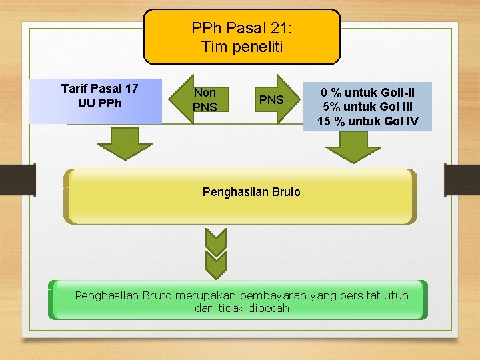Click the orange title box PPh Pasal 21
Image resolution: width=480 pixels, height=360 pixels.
click(x=241, y=37)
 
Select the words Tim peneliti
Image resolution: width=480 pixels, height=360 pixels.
click(x=241, y=47)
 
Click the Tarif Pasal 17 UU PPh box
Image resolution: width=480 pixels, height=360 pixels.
click(x=99, y=101)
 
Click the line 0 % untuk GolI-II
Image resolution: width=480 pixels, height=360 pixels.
click(x=367, y=91)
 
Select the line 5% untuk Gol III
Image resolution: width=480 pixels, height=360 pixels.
click(x=367, y=106)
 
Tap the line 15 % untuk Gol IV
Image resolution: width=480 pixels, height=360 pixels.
click(x=367, y=121)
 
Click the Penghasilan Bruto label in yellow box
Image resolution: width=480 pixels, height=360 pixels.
click(x=251, y=192)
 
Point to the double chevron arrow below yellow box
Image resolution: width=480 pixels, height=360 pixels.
click(x=216, y=253)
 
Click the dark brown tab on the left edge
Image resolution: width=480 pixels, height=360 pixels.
click(x=17, y=180)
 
